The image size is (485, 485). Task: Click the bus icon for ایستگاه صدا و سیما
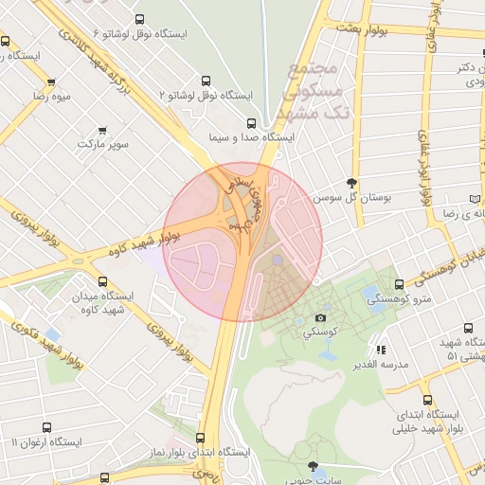[x=251, y=122]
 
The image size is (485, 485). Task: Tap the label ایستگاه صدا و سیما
[x=251, y=137]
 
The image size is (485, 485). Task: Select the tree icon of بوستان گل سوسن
[x=352, y=183]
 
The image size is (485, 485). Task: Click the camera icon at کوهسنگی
[x=320, y=317]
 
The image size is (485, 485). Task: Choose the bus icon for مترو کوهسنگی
[x=399, y=284]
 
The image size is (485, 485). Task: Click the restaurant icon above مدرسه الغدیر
[x=381, y=349]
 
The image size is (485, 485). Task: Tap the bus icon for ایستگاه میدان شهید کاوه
[x=103, y=281]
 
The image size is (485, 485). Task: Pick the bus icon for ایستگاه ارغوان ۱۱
[x=46, y=427]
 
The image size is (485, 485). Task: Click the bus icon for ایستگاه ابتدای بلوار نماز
[x=200, y=438]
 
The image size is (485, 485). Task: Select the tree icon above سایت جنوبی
[x=313, y=465]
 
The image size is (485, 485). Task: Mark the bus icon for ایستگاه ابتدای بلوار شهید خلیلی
[x=428, y=400]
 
